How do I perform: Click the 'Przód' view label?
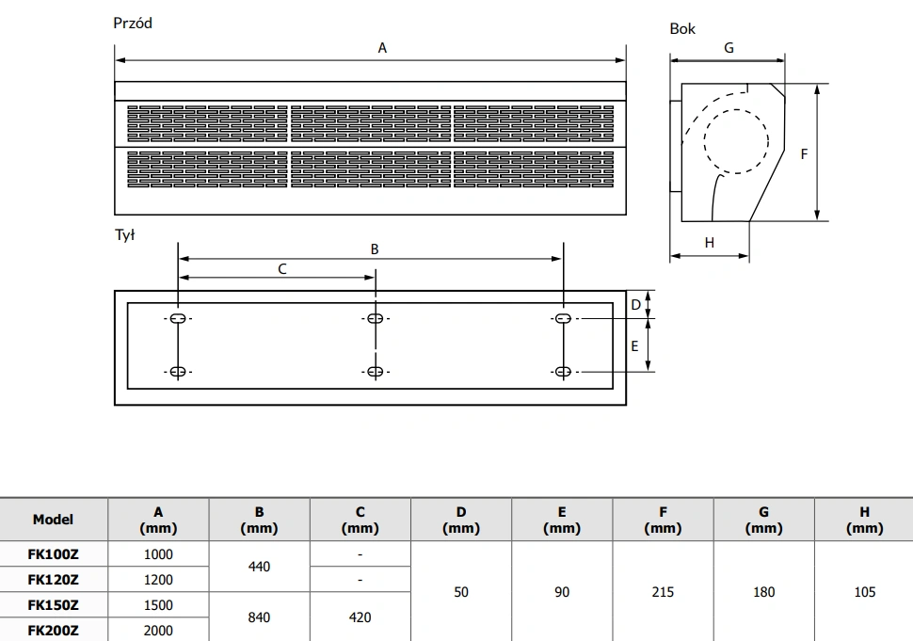click(133, 24)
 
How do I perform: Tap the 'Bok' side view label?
click(682, 28)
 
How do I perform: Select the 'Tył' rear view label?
click(124, 234)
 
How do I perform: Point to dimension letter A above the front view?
click(382, 48)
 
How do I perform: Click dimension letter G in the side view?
click(729, 48)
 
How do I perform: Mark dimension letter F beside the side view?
click(804, 153)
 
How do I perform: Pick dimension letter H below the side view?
click(709, 242)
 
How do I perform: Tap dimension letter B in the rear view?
click(375, 249)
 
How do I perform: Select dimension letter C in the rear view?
click(282, 269)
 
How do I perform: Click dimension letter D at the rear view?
click(636, 304)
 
